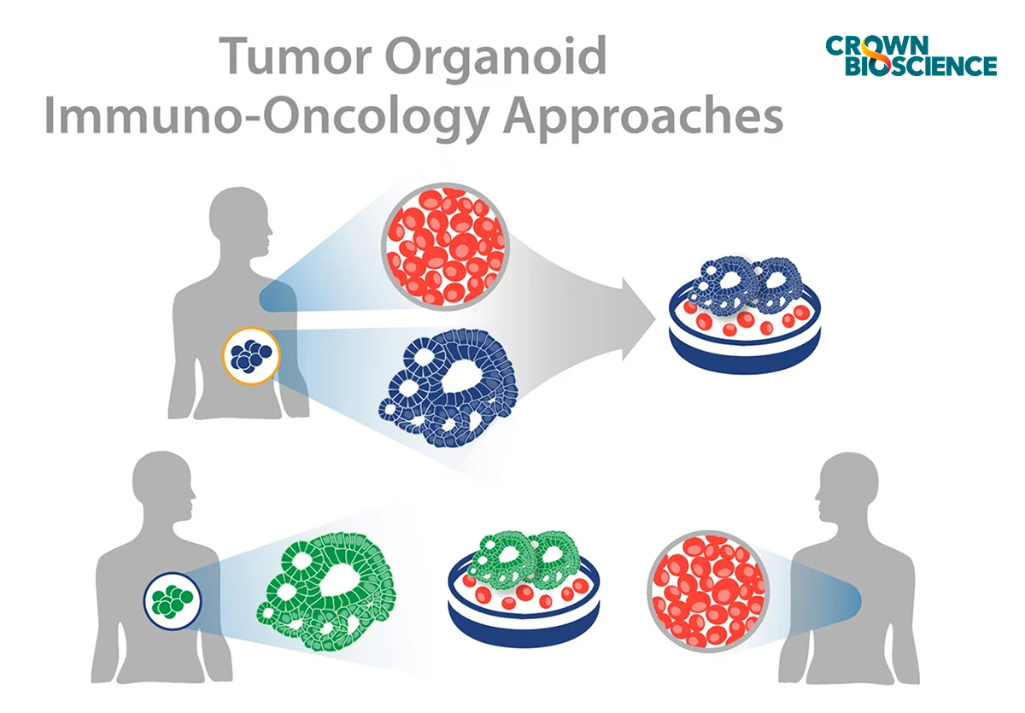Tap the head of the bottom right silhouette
[x=851, y=488]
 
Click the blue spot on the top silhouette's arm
[x=275, y=298]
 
